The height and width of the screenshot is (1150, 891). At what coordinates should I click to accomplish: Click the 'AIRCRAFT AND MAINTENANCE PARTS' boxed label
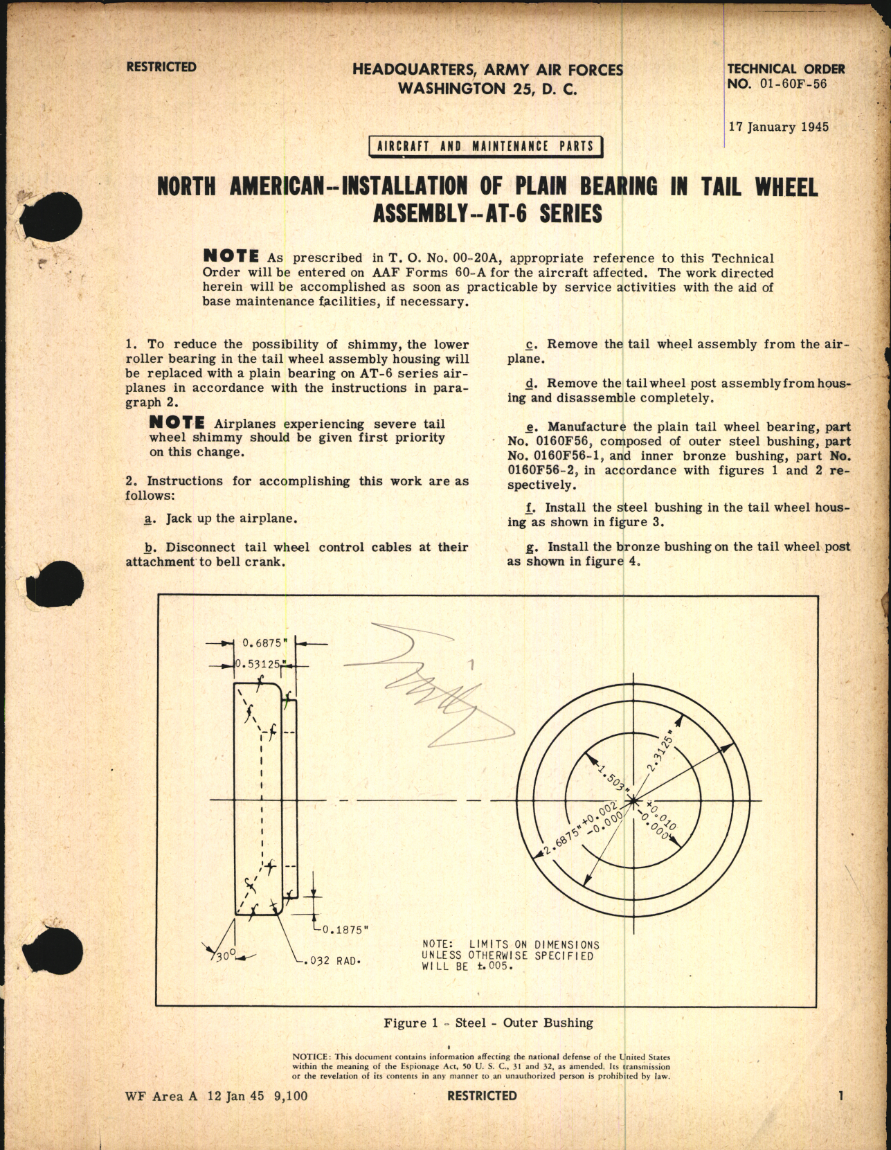tap(485, 146)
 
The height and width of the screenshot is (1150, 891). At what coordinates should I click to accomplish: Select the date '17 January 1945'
tap(778, 127)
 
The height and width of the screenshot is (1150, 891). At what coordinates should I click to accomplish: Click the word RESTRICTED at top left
tap(161, 67)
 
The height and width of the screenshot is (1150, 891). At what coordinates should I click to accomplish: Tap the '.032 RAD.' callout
tap(333, 960)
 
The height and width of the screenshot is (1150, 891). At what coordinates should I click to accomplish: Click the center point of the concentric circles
tap(633, 801)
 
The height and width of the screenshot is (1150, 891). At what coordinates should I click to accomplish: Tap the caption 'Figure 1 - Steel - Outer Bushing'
tap(489, 1023)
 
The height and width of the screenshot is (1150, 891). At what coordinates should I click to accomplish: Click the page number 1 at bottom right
tap(840, 1095)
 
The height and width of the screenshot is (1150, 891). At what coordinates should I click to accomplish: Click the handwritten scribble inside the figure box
tap(443, 685)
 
